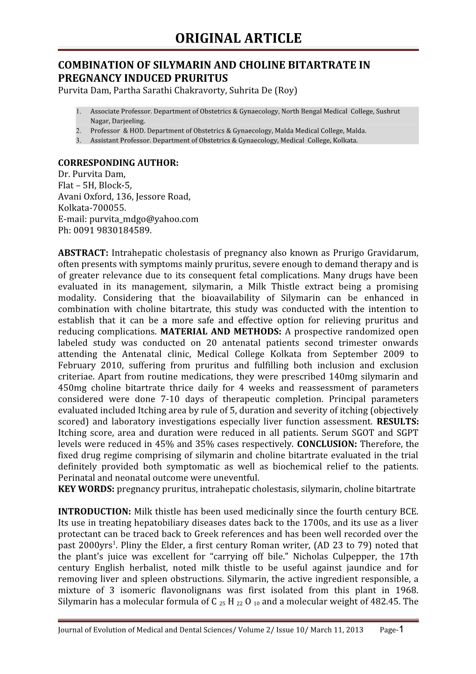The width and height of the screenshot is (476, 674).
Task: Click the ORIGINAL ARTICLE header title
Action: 238,38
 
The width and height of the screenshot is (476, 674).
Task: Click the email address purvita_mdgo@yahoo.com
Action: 144,219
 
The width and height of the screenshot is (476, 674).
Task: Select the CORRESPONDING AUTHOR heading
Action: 118,163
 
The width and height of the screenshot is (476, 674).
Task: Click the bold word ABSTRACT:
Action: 83,253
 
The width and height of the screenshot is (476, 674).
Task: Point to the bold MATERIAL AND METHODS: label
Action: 221,332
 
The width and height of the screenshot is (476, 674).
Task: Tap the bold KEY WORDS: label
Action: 86,489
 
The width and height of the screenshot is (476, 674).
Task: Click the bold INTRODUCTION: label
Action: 94,511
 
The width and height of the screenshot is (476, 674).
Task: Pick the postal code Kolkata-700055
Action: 92,208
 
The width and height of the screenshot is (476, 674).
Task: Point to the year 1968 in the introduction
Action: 407,590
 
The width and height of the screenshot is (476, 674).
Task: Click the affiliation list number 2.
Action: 78,131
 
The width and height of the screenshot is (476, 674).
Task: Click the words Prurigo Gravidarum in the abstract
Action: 376,253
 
